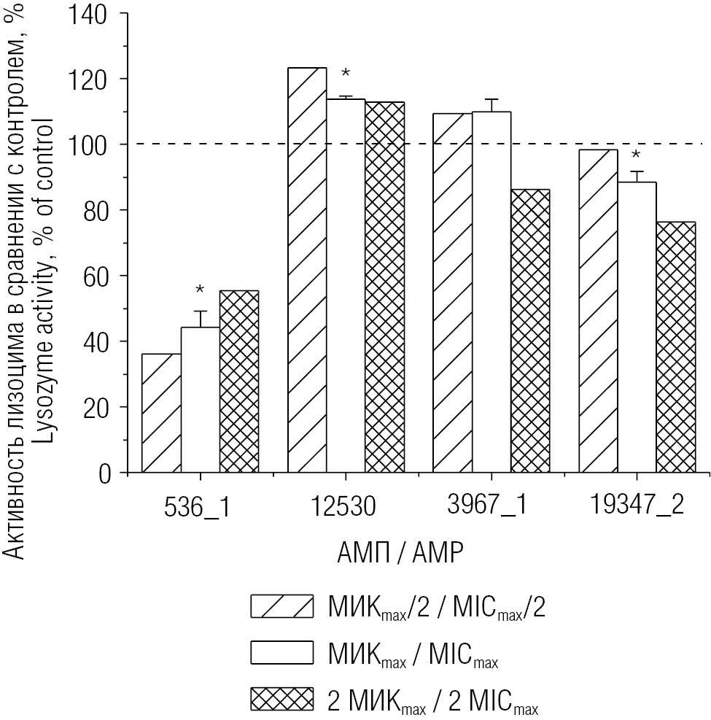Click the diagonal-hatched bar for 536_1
(161, 414)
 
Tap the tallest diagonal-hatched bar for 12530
(307, 270)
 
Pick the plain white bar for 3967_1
(492, 292)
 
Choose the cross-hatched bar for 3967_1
(530, 331)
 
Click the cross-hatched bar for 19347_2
(675, 347)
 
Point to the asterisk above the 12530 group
(346, 73)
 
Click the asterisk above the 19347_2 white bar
(636, 155)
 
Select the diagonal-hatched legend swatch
(281, 606)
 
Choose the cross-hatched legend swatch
(281, 698)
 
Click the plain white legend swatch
(281, 652)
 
